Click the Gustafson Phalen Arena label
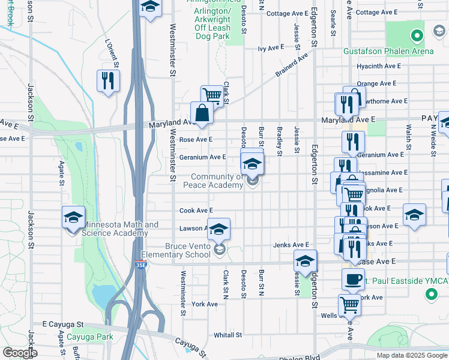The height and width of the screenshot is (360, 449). (x=388, y=51)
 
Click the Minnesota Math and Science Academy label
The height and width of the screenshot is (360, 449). (x=120, y=229)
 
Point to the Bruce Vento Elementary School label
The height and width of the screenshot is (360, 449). (x=188, y=250)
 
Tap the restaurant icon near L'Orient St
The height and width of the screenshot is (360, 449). (x=108, y=81)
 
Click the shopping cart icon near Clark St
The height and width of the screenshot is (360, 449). (x=212, y=95)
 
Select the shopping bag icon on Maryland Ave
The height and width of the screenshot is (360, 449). (x=202, y=112)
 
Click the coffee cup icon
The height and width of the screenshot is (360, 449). (x=353, y=279)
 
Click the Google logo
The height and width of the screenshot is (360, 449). (x=20, y=353)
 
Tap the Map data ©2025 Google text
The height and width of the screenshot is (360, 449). (x=412, y=355)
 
